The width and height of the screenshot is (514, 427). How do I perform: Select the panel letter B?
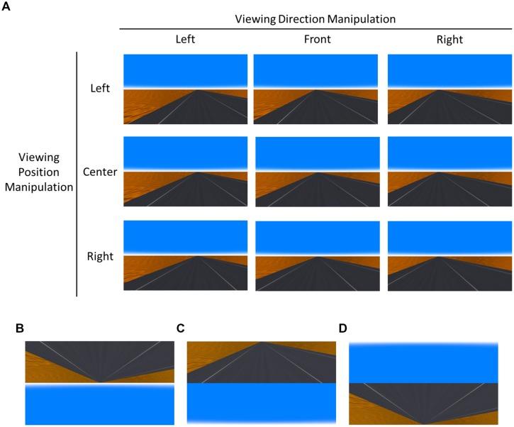pyautogui.click(x=19, y=328)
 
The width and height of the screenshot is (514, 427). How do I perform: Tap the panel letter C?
pyautogui.click(x=181, y=328)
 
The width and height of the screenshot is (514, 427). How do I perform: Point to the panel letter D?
pyautogui.click(x=343, y=328)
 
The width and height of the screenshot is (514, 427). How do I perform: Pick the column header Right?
pyautogui.click(x=449, y=40)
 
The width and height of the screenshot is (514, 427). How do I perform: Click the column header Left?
pyautogui.click(x=186, y=40)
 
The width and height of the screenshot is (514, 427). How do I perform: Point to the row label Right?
pyautogui.click(x=99, y=255)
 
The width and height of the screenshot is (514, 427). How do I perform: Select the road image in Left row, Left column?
pyautogui.click(x=185, y=89)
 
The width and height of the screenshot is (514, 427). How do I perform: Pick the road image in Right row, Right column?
pyautogui.click(x=449, y=255)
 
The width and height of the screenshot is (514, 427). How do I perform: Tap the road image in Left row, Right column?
pyautogui.click(x=449, y=89)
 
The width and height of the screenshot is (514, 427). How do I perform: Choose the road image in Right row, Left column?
pyautogui.click(x=185, y=255)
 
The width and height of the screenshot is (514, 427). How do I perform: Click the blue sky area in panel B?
pyautogui.click(x=99, y=406)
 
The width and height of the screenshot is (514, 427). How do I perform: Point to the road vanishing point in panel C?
pyautogui.click(x=262, y=343)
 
